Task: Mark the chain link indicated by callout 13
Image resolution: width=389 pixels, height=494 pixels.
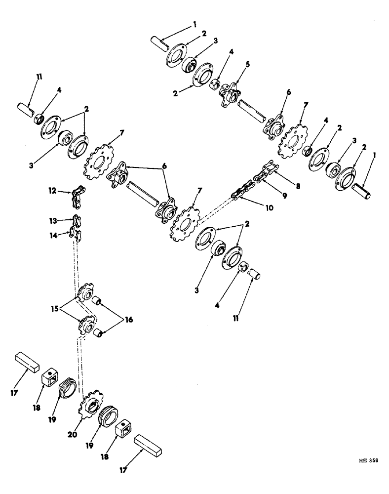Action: point(77,219)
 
